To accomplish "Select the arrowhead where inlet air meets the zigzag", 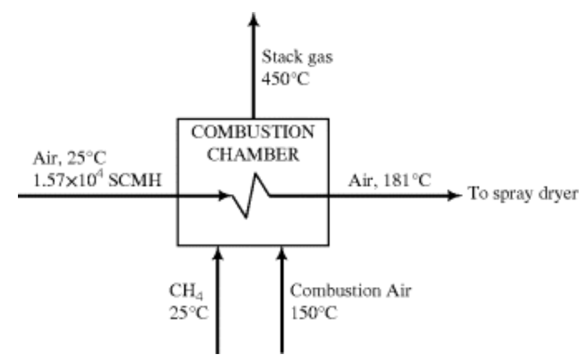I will pyautogui.click(x=225, y=196).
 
